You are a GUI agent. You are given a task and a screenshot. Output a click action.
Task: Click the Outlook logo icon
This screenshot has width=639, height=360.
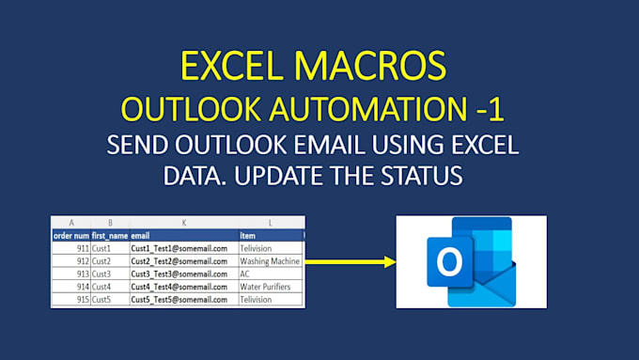469,261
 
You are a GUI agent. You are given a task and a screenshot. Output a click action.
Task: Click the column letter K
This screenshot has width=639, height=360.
183,223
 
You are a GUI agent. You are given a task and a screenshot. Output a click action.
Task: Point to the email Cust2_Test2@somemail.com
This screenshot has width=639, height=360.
179,260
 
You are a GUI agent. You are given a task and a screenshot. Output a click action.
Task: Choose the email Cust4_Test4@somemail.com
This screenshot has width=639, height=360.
179,287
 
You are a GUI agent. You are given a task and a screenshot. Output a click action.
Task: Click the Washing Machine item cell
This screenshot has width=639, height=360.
270,260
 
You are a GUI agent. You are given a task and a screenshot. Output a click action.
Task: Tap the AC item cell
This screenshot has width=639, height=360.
246,274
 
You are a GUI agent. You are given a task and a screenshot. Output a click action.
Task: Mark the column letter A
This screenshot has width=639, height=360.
70,223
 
